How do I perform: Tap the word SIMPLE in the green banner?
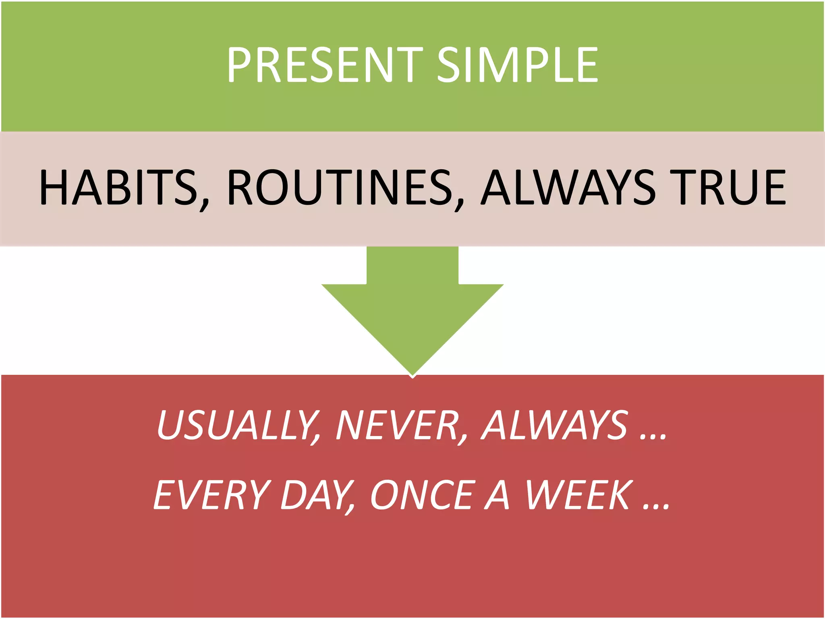click(x=517, y=64)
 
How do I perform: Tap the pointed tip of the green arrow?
click(x=412, y=375)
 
